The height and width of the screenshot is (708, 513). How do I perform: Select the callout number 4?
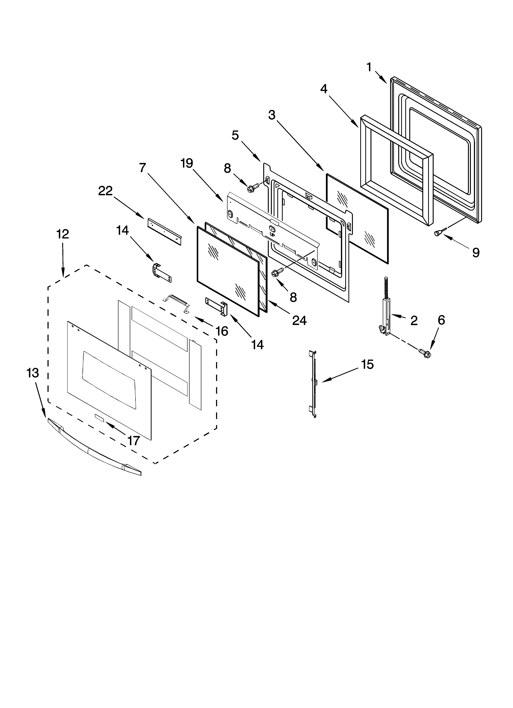point(324,89)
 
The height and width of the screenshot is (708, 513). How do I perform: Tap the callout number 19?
point(187,163)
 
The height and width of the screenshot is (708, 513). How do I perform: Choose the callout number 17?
point(134,440)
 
